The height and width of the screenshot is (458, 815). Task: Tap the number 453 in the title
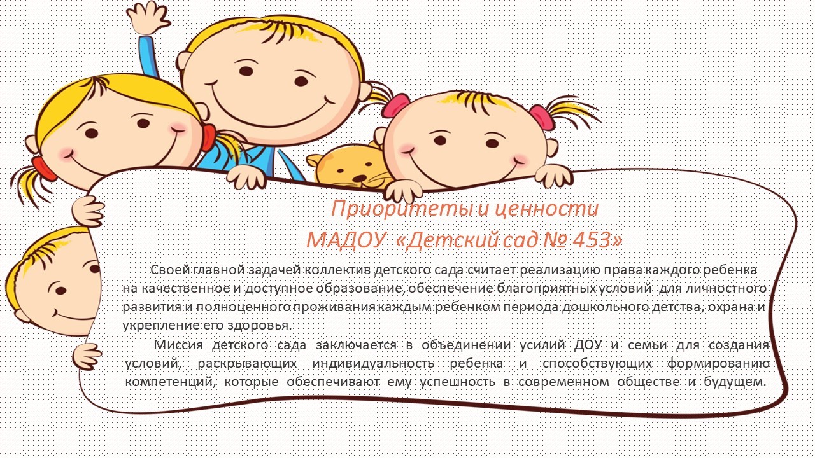[x=593, y=240]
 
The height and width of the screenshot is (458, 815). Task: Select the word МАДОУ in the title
[x=346, y=240]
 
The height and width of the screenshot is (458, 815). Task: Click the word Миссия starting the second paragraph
[x=178, y=344]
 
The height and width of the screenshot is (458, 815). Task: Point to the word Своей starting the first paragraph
[x=169, y=270]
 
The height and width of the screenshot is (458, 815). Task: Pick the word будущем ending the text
[x=735, y=382]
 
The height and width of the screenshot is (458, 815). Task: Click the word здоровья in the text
[x=259, y=326]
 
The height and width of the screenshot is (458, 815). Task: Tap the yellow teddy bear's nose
[x=360, y=177]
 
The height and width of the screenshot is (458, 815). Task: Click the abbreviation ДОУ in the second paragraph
[x=588, y=344]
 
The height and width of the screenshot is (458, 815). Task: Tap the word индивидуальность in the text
[x=373, y=363]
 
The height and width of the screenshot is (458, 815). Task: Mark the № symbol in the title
[x=554, y=240]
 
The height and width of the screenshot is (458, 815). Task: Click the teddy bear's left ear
[x=314, y=160]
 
